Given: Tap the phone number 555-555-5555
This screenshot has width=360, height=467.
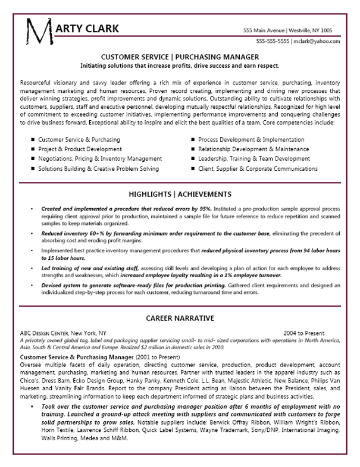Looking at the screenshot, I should click(x=273, y=42).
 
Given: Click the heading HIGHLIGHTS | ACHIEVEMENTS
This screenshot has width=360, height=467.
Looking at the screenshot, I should click(x=180, y=195).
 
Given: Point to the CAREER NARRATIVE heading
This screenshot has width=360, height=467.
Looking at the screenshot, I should click(x=180, y=318).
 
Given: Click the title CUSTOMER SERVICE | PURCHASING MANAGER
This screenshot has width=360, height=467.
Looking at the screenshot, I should click(x=180, y=57).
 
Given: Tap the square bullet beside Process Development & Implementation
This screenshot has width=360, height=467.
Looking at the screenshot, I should click(x=193, y=139).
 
